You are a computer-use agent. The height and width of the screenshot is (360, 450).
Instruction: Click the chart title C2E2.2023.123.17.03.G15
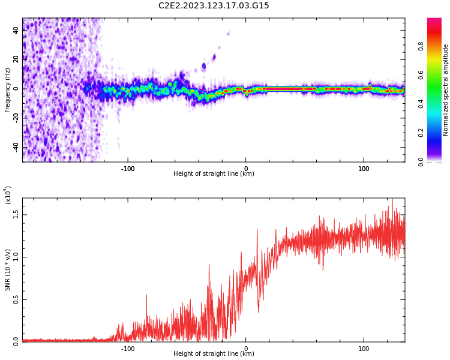click(214, 6)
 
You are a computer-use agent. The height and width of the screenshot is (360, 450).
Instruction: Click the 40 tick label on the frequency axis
click(16, 30)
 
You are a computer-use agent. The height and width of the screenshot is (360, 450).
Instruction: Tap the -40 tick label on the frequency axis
click(16, 146)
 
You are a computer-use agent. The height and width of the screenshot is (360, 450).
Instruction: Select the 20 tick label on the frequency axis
click(16, 59)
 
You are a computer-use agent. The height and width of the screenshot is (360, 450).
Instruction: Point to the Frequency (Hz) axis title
click(7, 90)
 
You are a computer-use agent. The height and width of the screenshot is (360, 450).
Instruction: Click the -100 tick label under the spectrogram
click(128, 169)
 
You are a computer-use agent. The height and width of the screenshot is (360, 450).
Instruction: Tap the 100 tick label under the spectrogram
click(364, 169)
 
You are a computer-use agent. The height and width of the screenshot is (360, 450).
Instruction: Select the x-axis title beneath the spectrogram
click(214, 174)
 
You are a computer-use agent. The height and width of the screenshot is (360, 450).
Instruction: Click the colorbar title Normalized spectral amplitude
click(446, 90)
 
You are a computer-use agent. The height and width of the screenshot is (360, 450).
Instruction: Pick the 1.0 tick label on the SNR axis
click(16, 257)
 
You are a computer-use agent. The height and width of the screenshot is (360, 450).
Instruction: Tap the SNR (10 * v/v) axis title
click(7, 270)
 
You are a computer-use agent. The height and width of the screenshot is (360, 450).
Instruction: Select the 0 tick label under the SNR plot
click(245, 349)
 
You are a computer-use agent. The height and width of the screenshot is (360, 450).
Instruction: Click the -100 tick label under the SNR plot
click(128, 349)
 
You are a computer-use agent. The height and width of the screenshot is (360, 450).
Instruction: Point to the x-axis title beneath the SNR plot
click(214, 354)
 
